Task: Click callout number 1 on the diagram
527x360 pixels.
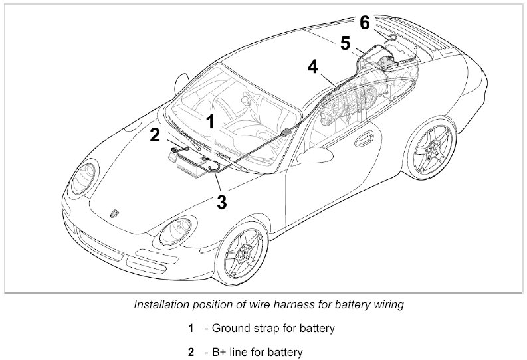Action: [210, 122]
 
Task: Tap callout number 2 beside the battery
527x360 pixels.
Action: [155, 135]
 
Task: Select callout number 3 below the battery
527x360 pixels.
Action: [222, 202]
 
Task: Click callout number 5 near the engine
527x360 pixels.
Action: [344, 44]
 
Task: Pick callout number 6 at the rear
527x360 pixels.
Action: [365, 23]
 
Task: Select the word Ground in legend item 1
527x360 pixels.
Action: [229, 329]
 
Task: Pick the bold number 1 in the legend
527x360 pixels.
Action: [191, 329]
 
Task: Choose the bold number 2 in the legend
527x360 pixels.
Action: [191, 352]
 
